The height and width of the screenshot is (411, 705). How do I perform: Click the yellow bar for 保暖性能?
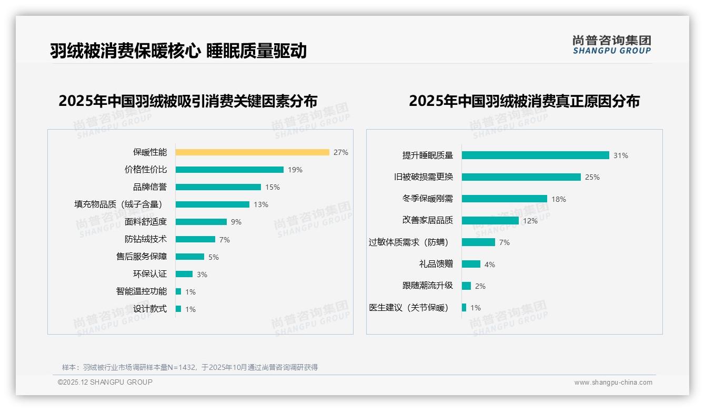click(x=252, y=152)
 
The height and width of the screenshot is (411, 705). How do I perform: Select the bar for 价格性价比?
click(x=229, y=170)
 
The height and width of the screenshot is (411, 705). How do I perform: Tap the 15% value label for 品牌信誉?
click(x=273, y=187)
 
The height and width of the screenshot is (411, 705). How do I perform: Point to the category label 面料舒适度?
click(x=146, y=222)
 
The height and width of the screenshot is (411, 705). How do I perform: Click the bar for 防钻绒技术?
click(x=195, y=239)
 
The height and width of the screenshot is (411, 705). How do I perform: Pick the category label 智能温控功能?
click(x=142, y=291)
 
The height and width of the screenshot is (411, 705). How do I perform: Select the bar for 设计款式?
click(x=178, y=309)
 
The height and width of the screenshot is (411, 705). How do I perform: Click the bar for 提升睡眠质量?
click(x=535, y=155)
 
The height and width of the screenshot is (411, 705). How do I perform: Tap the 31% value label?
click(x=621, y=155)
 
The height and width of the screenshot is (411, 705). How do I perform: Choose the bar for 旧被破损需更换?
click(x=521, y=177)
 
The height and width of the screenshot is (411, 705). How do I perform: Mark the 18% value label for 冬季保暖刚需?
click(x=559, y=199)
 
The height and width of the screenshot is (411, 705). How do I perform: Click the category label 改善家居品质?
click(x=428, y=220)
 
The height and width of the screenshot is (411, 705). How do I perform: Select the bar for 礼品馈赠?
click(x=471, y=264)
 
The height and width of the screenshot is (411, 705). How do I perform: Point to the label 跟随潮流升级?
click(x=428, y=286)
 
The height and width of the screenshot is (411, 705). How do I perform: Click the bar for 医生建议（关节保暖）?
click(x=464, y=308)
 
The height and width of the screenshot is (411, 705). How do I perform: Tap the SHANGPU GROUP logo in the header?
click(x=612, y=45)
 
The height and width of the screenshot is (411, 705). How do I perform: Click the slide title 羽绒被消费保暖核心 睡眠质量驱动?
click(x=178, y=51)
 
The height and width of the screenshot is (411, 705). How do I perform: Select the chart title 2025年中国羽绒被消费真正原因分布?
click(x=524, y=101)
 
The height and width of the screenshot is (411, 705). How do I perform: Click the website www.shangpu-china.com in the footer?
click(x=613, y=383)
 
